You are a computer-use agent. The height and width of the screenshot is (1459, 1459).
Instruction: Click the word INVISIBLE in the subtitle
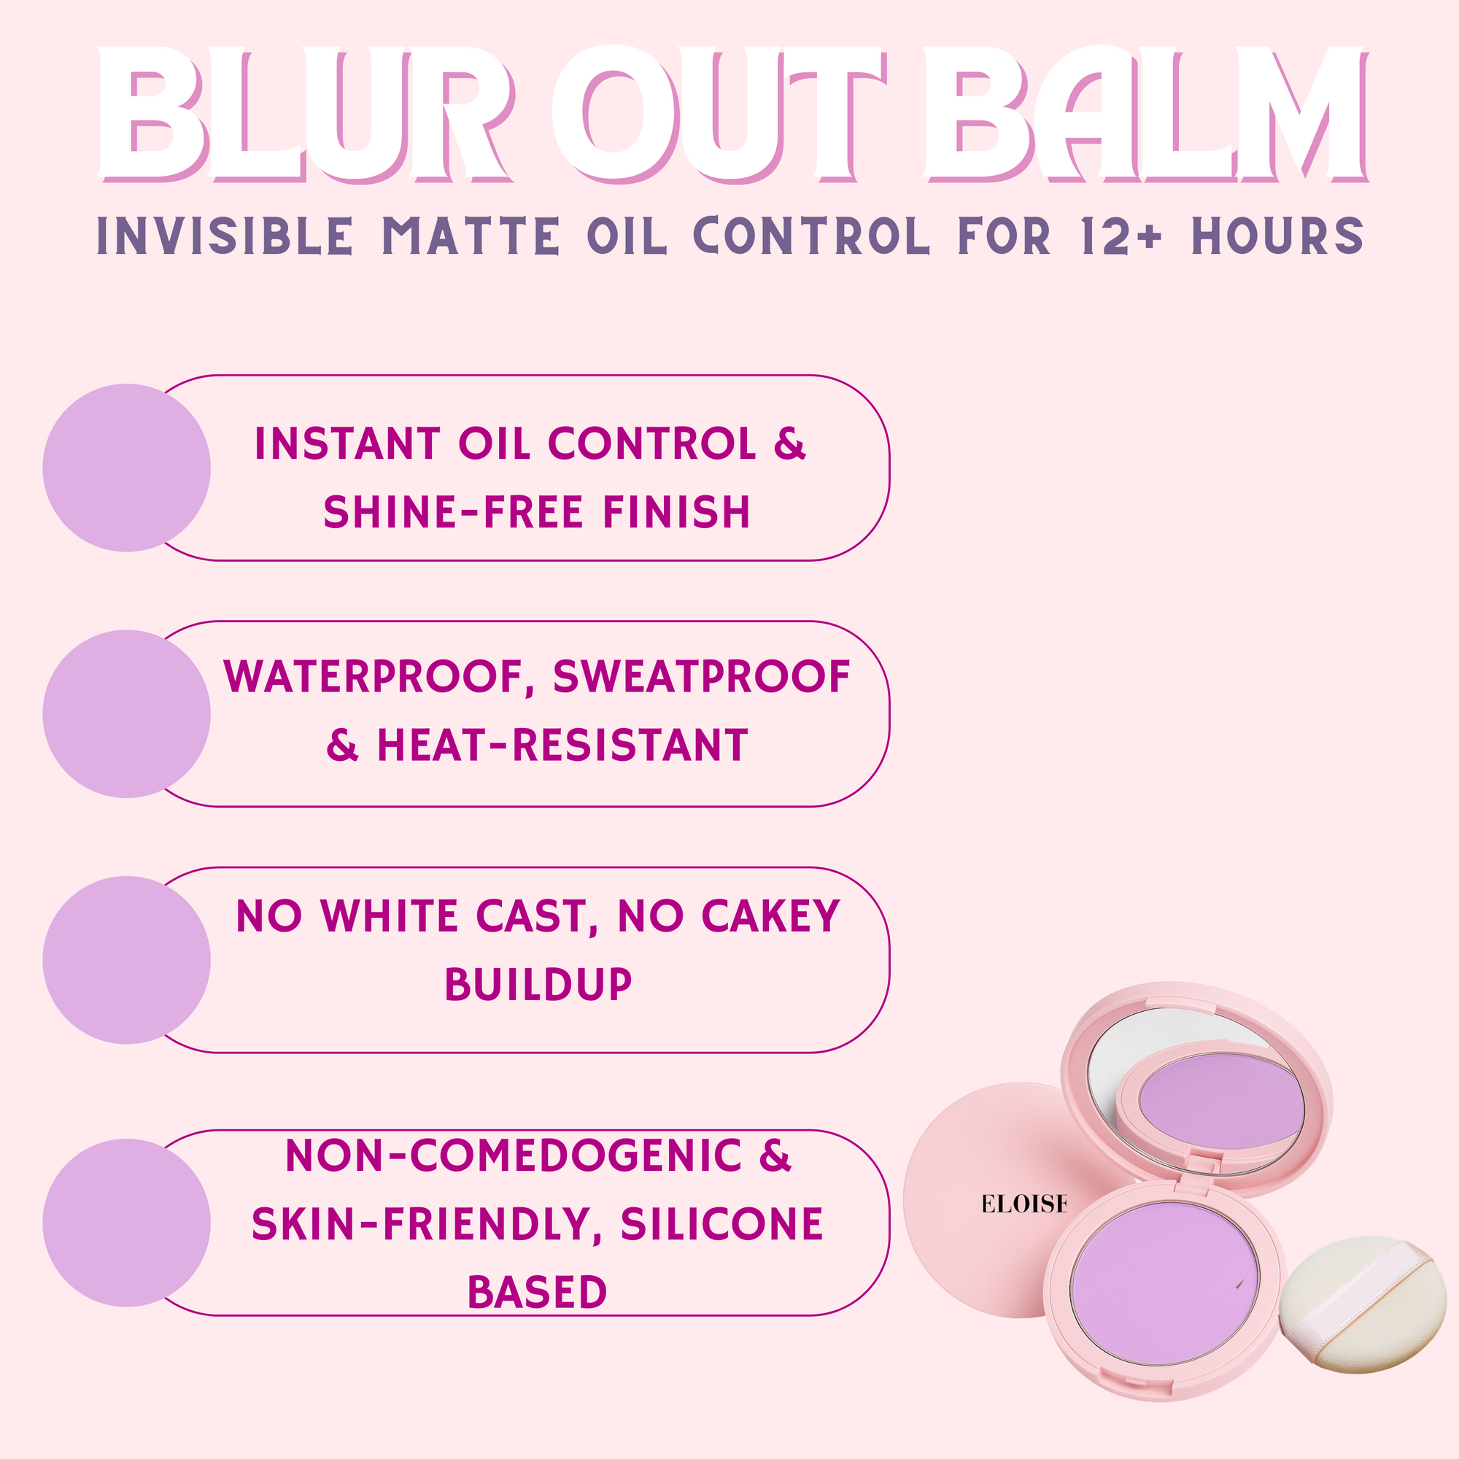[225, 236]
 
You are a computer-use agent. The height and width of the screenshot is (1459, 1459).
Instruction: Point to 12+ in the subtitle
[1122, 236]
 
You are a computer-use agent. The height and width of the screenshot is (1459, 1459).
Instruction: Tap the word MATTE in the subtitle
[471, 236]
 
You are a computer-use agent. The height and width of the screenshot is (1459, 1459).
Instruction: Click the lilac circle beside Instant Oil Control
[127, 468]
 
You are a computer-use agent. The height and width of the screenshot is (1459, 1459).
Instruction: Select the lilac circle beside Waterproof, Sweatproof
[127, 714]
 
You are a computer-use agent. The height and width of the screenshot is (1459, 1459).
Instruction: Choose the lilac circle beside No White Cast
[127, 961]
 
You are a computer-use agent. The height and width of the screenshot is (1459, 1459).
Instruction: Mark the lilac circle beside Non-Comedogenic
[127, 1223]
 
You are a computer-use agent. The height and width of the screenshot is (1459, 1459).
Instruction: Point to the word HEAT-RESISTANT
[562, 746]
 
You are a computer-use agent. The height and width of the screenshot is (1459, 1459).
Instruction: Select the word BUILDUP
[538, 985]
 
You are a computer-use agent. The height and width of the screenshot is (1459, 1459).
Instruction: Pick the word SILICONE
[721, 1224]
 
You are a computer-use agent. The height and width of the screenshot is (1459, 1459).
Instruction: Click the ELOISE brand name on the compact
[1024, 1204]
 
